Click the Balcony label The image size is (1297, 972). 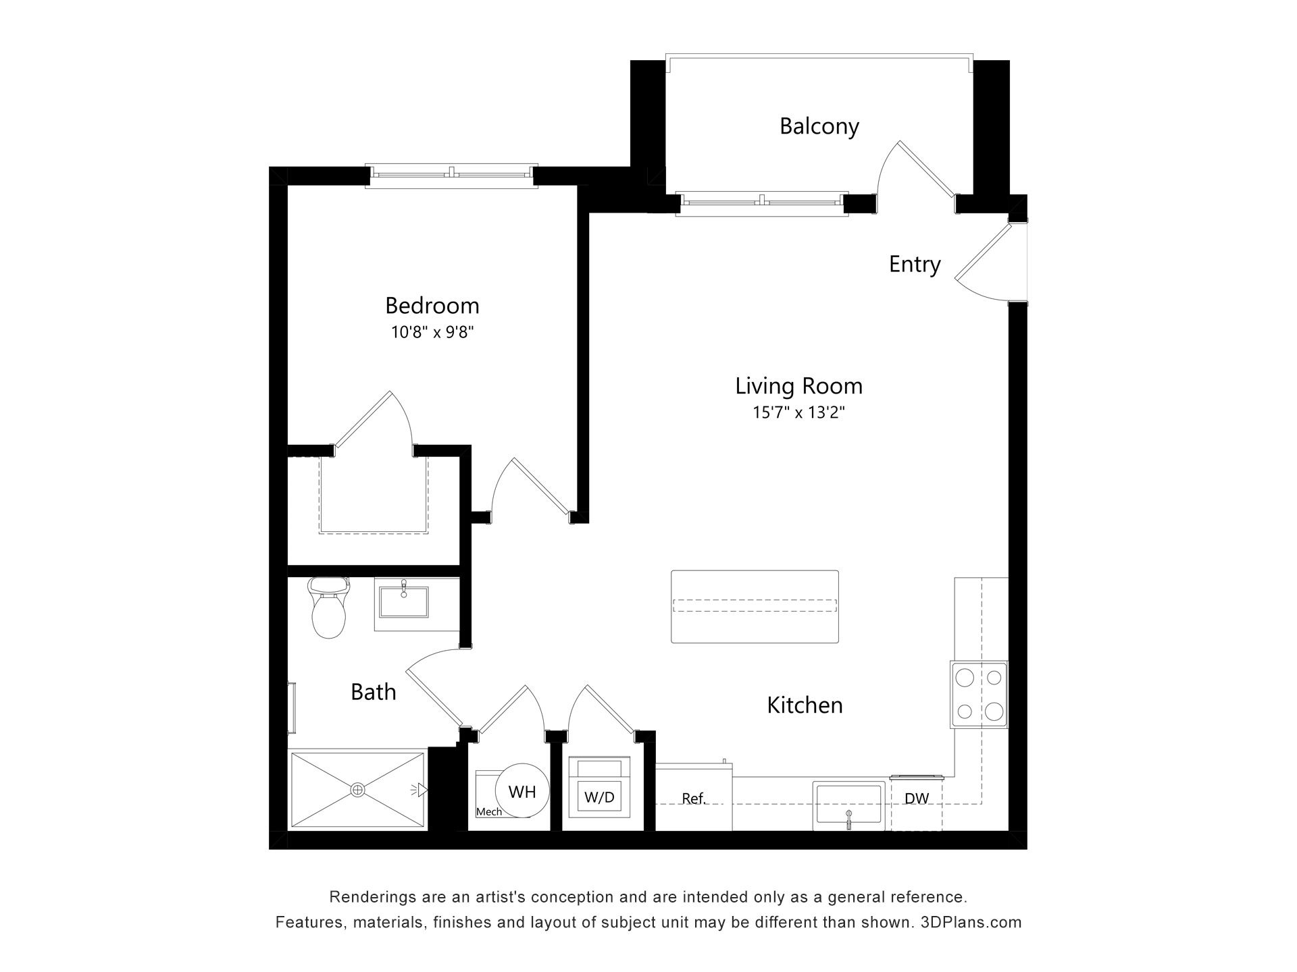pyautogui.click(x=819, y=126)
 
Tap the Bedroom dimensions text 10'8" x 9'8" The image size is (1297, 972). pyautogui.click(x=432, y=332)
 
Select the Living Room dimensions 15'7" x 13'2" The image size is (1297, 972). pyautogui.click(x=799, y=412)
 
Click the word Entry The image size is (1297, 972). pyautogui.click(x=915, y=264)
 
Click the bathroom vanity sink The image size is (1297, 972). pyautogui.click(x=403, y=601)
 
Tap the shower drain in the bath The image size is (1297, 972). pyautogui.click(x=357, y=789)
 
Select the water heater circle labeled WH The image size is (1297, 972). pyautogui.click(x=522, y=791)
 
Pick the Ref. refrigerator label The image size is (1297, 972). pyautogui.click(x=694, y=799)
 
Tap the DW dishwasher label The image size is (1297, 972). pyautogui.click(x=917, y=799)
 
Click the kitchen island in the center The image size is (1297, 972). pyautogui.click(x=755, y=606)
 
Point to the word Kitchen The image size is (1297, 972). pyautogui.click(x=805, y=705)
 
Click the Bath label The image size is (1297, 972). pyautogui.click(x=373, y=692)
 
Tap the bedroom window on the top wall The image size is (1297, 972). pyautogui.click(x=451, y=175)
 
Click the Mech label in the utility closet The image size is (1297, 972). pyautogui.click(x=489, y=812)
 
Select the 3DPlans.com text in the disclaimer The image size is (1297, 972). pyautogui.click(x=971, y=922)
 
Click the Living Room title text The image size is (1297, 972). pyautogui.click(x=799, y=386)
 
